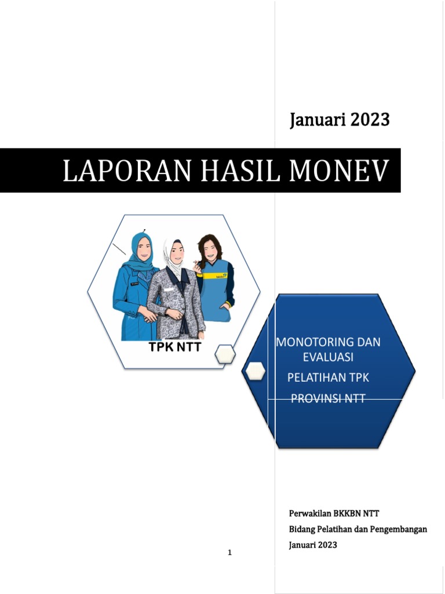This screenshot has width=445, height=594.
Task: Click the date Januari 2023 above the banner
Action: [x=340, y=120]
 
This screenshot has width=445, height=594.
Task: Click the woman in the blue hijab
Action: [x=136, y=284]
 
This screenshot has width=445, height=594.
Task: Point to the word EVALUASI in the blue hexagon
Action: [x=328, y=356]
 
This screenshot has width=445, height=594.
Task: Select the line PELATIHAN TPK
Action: [x=328, y=378]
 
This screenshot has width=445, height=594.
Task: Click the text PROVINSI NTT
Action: [x=328, y=399]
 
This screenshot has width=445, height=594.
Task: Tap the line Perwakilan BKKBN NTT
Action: [x=334, y=513]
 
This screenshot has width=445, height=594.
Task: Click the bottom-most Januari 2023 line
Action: [x=313, y=545]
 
